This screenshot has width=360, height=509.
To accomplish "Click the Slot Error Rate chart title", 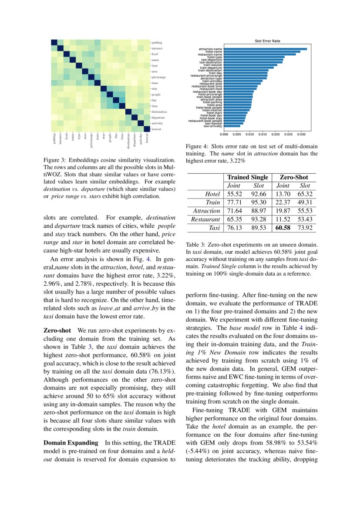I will pyautogui.click(x=267, y=41).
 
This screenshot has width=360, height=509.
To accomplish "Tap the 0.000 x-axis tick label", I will pyautogui.click(x=224, y=134).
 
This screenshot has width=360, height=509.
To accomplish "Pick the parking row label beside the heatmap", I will pyautogui.click(x=157, y=43).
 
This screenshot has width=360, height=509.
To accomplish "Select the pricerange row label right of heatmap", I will pyautogui.click(x=158, y=77).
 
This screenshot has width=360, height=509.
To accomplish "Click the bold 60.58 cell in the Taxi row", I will pyautogui.click(x=283, y=228).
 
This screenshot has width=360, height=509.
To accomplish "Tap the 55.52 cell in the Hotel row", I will pyautogui.click(x=235, y=194).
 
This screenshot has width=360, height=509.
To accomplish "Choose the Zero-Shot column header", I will pyautogui.click(x=294, y=177).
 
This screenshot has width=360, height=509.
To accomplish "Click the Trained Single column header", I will pyautogui.click(x=247, y=177).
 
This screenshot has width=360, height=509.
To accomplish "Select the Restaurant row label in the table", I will pyautogui.click(x=205, y=219).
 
